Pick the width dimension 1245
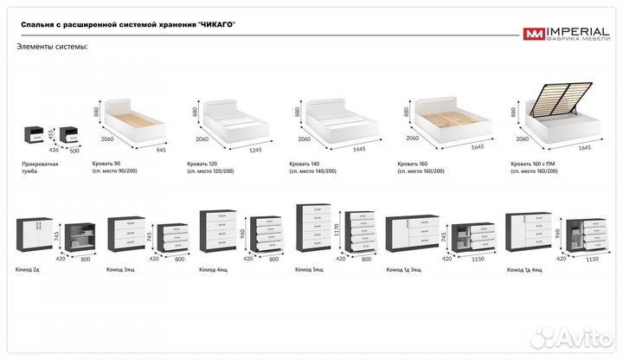tap(257, 148)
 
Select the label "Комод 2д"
tap(29, 270)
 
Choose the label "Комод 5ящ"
tap(309, 270)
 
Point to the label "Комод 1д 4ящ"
tap(525, 270)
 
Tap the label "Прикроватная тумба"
tap(40, 167)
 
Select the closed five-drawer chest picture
tap(312, 228)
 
